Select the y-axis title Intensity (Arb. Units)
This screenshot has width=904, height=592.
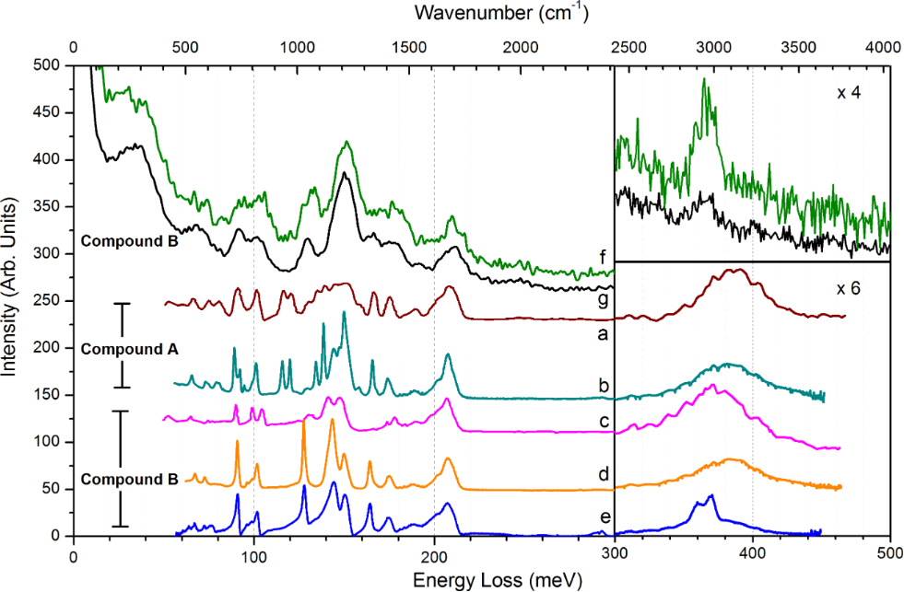click(x=12, y=299)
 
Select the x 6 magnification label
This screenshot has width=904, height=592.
click(x=848, y=288)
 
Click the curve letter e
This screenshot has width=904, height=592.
click(x=602, y=517)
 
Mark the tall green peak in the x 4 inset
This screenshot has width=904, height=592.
click(x=705, y=81)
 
